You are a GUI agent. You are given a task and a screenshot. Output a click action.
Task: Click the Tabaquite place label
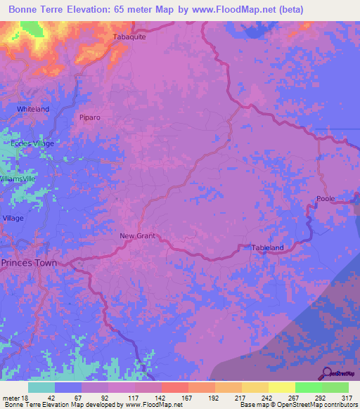[129, 37]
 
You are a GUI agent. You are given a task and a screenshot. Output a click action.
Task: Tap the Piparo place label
[91, 117]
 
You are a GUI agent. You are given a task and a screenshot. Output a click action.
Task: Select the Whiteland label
[33, 110]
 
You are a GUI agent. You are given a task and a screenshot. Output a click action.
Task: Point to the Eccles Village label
[32, 143]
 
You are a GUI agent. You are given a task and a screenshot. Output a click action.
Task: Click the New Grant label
[137, 236]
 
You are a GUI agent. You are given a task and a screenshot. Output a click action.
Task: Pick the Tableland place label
[268, 247]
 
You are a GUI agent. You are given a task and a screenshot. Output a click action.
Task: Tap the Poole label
[326, 199]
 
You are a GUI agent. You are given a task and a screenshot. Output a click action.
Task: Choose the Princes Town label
[29, 263]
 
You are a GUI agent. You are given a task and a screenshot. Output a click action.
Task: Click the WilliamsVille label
[17, 179]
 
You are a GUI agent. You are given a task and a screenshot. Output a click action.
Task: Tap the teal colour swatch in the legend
[41, 387]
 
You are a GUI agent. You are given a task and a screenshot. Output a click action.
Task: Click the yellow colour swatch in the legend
[281, 387]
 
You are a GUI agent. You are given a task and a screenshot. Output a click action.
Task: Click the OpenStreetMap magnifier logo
[327, 373]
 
